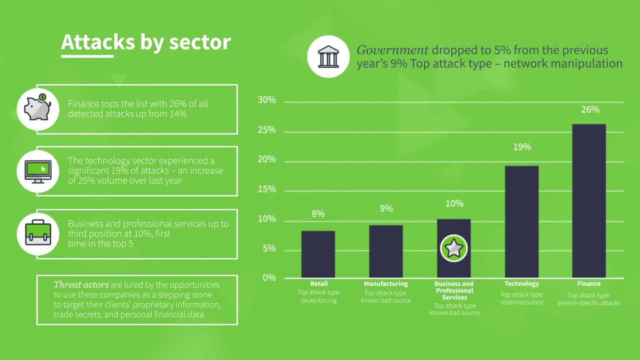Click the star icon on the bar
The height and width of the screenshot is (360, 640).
[x=453, y=248]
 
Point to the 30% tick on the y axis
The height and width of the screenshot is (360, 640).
[x=267, y=100]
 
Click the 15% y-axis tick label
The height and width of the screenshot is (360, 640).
[x=267, y=189]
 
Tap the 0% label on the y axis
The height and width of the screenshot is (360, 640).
[x=269, y=277]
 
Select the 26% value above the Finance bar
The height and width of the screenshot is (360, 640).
[x=590, y=109]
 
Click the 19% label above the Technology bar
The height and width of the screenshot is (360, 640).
[x=521, y=147]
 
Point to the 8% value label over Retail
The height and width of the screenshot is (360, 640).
[x=318, y=214]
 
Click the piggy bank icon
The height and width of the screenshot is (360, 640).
[x=38, y=108]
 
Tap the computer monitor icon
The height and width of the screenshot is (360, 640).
[x=38, y=171]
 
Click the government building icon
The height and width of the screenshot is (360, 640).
[x=328, y=56]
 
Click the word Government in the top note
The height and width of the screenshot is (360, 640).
[x=392, y=50]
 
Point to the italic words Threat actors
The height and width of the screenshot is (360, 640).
[x=81, y=284]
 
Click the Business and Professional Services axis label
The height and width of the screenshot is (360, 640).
[x=454, y=290]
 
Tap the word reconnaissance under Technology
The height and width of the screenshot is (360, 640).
[x=521, y=302]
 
